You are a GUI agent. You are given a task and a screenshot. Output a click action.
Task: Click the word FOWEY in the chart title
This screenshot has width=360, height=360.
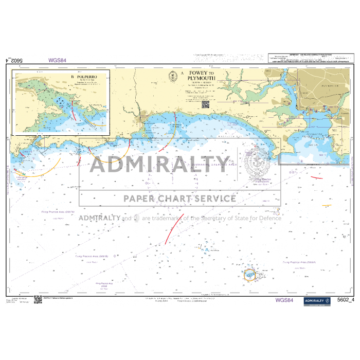197,73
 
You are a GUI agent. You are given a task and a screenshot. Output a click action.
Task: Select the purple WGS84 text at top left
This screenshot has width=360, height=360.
58,60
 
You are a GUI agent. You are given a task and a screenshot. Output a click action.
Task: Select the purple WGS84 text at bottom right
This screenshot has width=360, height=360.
284,300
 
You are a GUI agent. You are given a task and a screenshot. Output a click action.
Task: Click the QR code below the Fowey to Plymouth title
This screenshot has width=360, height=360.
205,104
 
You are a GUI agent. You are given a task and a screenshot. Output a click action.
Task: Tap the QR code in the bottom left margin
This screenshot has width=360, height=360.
38,299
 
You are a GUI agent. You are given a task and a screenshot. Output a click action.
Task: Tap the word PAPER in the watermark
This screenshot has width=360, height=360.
136,199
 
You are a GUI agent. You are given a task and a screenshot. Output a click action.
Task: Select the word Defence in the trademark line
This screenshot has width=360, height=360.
268,218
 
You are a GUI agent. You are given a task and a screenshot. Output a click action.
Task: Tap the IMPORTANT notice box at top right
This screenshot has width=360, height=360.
309,60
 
